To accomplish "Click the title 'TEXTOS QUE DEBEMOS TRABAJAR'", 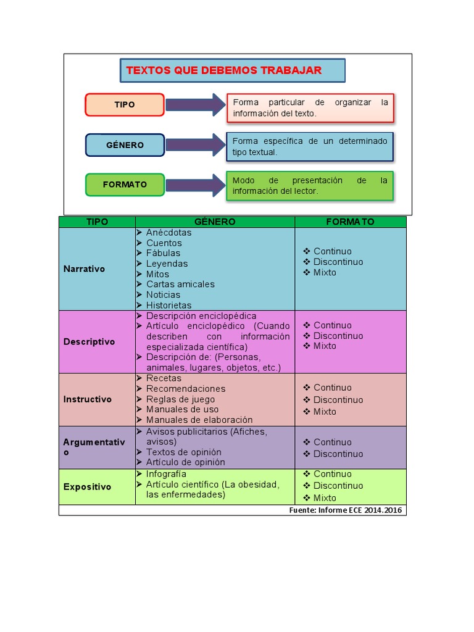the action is click(224, 70).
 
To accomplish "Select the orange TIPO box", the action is click(125, 105).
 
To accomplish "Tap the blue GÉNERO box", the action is click(125, 145).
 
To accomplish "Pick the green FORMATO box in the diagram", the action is click(125, 185).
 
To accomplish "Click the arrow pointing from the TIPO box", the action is click(195, 105).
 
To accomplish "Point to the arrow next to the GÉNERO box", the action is click(195, 145).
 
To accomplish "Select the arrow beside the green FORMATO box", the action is click(195, 185).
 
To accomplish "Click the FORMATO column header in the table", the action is click(350, 222).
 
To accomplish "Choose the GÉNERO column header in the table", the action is click(215, 222).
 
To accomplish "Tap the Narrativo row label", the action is click(84, 269).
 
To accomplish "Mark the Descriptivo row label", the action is click(89, 342).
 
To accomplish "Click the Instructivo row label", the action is click(87, 399).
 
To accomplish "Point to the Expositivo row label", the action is click(87, 487).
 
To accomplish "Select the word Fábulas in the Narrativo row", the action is click(163, 253).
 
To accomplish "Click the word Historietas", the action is click(168, 305).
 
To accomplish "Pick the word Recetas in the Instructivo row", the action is click(164, 378).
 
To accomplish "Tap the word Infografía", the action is click(166, 474).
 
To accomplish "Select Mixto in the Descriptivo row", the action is click(325, 346).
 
